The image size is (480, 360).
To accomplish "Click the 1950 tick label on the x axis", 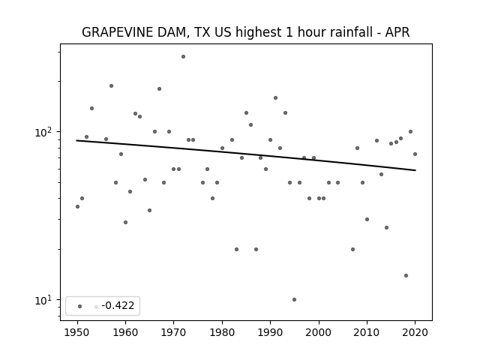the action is [77, 332].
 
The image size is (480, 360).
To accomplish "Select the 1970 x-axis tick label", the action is [174, 332].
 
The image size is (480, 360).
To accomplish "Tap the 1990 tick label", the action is [270, 332].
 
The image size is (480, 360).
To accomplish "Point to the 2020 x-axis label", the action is [415, 332].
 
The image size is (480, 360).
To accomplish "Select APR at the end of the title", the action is [397, 32].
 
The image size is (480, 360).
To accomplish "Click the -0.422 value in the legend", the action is [118, 305].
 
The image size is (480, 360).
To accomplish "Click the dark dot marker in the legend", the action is [80, 306].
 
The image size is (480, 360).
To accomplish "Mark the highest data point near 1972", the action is [183, 57].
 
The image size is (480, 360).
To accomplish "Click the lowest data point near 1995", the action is [295, 300].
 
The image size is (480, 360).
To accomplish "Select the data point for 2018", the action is [406, 275].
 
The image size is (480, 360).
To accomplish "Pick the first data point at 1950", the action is [77, 207].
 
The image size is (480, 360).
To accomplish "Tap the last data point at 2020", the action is [415, 154].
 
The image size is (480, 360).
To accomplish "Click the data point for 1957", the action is [112, 86].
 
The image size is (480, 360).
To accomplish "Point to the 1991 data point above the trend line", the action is [275, 98].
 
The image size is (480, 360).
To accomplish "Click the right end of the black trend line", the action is [415, 170].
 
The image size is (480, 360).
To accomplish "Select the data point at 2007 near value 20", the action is [353, 250].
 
